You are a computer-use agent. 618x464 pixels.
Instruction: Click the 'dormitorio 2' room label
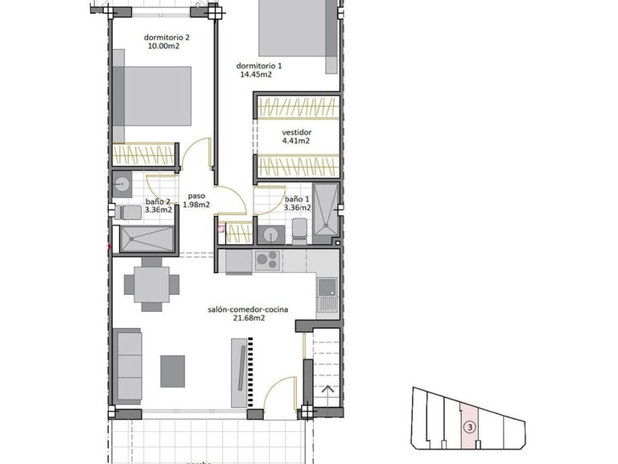167,37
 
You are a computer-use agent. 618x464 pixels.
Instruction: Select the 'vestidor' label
295,132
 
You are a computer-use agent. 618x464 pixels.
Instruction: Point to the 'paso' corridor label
196,196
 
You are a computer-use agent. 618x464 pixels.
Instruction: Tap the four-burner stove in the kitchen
266,260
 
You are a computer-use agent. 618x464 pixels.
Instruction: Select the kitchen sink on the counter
327,288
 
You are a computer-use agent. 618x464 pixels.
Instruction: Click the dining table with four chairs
150,284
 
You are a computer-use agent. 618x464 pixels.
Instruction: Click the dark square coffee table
172,371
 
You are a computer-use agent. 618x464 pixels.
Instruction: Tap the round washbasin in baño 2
122,184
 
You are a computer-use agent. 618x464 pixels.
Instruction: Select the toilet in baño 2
126,212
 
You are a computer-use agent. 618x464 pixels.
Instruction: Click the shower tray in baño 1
325,211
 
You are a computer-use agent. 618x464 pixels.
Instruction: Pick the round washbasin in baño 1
270,234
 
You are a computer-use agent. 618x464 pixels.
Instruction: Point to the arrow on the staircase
327,390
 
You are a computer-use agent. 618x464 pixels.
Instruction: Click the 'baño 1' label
296,198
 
